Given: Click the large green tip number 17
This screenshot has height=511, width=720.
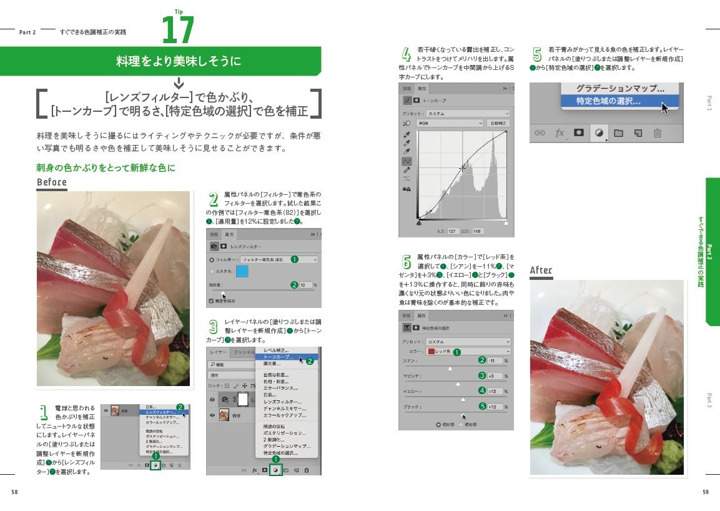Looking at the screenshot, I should click(178, 30).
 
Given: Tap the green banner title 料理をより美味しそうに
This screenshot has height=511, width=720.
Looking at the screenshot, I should click(179, 61).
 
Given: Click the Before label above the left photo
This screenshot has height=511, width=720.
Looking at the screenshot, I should click(52, 182).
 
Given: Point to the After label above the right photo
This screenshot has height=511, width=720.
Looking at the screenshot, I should click(541, 270).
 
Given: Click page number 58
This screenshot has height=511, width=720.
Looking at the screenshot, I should click(14, 492).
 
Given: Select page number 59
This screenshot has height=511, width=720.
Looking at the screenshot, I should click(705, 492).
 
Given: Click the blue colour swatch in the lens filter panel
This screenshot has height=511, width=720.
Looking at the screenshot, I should click(242, 271).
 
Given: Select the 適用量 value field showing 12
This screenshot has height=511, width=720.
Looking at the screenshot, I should click(305, 285).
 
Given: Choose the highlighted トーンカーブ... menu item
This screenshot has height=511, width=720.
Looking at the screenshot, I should click(279, 357).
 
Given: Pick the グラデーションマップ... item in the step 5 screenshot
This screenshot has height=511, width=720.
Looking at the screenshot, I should click(619, 89).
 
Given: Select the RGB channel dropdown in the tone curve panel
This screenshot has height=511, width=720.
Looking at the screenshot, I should click(450, 124).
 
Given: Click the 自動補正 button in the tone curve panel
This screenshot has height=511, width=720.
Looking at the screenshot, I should click(498, 124).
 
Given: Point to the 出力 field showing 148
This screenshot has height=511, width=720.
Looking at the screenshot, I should click(478, 231).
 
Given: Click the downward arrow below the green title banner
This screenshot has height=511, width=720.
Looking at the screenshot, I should click(179, 82).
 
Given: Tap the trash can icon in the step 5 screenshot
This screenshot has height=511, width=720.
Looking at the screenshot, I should click(657, 133).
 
